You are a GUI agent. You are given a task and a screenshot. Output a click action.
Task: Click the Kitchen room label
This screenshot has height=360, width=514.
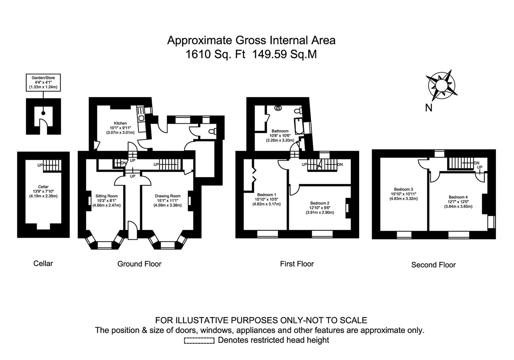[120, 123]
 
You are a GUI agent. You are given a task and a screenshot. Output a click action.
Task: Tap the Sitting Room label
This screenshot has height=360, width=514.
[107, 196]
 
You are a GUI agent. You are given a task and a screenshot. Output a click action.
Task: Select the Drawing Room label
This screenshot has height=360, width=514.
[168, 196]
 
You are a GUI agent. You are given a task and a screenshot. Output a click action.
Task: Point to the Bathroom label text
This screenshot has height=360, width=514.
[280, 131]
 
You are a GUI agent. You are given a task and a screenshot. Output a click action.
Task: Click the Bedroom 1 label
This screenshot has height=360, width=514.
[266, 195]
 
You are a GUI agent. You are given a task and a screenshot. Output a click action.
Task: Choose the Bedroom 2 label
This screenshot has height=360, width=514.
[320, 203]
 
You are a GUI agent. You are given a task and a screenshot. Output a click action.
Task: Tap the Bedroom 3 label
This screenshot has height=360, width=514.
[403, 189]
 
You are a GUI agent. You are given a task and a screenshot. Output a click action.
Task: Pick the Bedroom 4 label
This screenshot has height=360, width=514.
[458, 197]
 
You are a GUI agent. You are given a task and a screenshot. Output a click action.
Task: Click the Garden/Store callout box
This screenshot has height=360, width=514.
[43, 82]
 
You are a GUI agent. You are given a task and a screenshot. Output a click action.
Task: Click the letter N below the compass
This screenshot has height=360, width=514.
[429, 108]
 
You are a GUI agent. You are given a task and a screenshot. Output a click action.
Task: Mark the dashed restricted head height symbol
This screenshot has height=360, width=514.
[199, 340]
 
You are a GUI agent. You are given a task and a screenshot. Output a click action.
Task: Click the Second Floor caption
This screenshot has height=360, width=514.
[433, 265]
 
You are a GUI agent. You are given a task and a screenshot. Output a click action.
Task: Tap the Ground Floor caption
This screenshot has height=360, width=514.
[139, 264]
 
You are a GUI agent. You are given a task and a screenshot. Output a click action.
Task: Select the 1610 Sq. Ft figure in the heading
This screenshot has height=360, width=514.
[216, 54]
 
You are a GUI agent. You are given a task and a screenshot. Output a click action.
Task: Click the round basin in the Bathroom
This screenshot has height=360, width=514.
[278, 108]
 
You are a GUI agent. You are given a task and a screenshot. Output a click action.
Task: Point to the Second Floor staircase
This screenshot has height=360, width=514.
[461, 163]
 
